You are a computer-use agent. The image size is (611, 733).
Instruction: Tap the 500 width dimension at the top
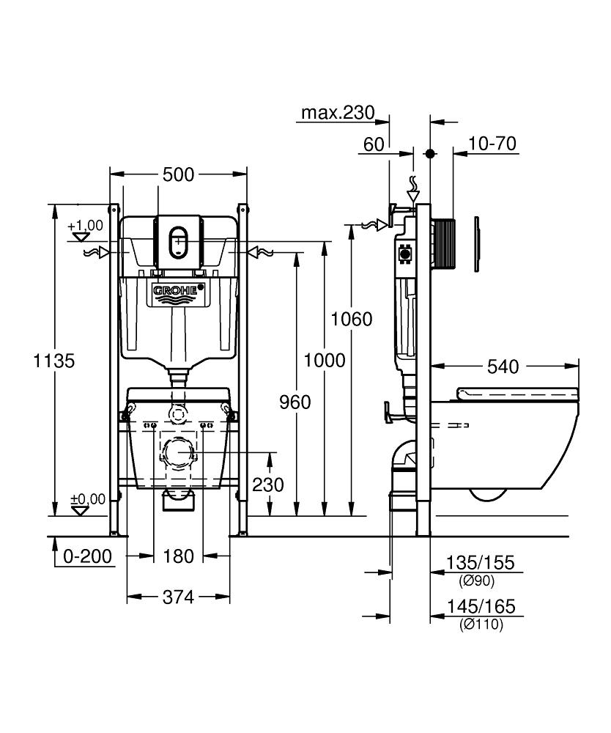point(178,174)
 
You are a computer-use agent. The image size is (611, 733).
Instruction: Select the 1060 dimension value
point(352,319)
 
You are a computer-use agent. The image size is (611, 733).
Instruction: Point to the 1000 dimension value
point(324,360)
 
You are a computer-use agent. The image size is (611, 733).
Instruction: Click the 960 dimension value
point(295,401)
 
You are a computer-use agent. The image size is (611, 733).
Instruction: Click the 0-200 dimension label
point(87,556)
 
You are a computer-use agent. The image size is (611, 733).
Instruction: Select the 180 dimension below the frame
point(178,556)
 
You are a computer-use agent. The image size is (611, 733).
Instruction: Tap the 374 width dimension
point(178,597)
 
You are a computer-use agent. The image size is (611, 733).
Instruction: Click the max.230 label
point(338,113)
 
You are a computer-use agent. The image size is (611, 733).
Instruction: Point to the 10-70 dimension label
point(493,143)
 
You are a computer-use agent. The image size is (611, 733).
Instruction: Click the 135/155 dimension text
point(480,563)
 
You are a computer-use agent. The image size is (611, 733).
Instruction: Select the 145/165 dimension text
point(481,607)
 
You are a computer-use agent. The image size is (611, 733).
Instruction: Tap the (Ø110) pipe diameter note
point(481,625)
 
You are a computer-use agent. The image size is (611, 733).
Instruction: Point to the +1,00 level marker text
point(86,226)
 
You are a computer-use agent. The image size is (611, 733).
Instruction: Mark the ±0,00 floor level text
point(88,499)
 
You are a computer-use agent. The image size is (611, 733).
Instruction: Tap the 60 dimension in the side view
point(374,143)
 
